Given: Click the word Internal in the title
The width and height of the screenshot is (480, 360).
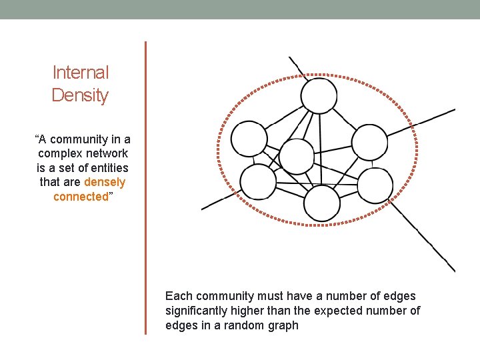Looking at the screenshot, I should [x=80, y=73].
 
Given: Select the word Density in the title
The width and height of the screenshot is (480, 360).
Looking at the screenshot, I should [x=80, y=95].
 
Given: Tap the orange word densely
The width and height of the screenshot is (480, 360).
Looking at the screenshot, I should [x=105, y=182].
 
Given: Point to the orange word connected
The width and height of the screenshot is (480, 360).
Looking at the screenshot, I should [x=81, y=197].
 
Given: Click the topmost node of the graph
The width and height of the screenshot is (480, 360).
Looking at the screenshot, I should [x=319, y=95].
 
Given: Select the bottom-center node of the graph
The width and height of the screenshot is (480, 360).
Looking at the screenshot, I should [x=322, y=203].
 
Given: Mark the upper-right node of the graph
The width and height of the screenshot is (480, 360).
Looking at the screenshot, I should [x=369, y=142].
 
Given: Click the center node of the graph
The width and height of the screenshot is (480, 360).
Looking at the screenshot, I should [x=296, y=157].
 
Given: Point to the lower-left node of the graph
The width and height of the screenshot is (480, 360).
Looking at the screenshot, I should [x=258, y=182].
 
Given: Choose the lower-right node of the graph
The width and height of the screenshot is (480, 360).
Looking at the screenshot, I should [x=375, y=185].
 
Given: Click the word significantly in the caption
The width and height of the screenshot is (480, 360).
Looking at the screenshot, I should [x=199, y=311].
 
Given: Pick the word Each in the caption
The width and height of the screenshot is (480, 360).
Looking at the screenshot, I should [x=177, y=296].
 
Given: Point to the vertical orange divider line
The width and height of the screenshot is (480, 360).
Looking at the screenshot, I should [x=145, y=187].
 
